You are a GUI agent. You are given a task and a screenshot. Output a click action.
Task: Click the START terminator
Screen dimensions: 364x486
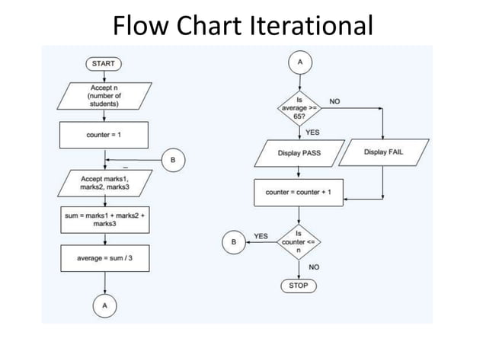pyautogui.click(x=104, y=64)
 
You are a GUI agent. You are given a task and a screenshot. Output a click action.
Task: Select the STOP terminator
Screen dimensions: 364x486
pyautogui.click(x=299, y=286)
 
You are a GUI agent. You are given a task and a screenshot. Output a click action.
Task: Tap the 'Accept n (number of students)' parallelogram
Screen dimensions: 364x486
pyautogui.click(x=104, y=98)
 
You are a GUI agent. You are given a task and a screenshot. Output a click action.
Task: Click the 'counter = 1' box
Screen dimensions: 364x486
pyautogui.click(x=104, y=134)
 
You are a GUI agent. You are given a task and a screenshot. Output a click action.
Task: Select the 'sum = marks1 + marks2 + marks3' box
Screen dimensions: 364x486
pyautogui.click(x=104, y=220)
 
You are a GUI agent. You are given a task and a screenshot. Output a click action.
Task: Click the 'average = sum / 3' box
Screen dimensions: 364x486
pyautogui.click(x=104, y=258)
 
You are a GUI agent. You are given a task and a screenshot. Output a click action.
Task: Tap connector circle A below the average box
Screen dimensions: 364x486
pyautogui.click(x=104, y=305)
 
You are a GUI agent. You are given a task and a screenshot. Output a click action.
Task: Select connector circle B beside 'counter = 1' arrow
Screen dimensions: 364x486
pyautogui.click(x=173, y=161)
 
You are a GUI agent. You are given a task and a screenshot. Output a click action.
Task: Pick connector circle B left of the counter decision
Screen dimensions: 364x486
pyautogui.click(x=233, y=241)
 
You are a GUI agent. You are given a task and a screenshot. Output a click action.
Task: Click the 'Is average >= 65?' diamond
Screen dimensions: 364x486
pyautogui.click(x=299, y=108)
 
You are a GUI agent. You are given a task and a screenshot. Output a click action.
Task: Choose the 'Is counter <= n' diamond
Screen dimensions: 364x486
pyautogui.click(x=299, y=241)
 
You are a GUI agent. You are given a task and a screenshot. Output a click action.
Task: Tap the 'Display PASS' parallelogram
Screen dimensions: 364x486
pyautogui.click(x=299, y=152)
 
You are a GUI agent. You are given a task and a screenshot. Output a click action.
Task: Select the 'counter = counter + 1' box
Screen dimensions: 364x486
pyautogui.click(x=299, y=193)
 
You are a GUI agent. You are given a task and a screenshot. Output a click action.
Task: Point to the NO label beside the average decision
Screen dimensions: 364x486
pyautogui.click(x=335, y=101)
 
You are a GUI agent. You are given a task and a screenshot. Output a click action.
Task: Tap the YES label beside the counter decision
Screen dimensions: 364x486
pyautogui.click(x=261, y=236)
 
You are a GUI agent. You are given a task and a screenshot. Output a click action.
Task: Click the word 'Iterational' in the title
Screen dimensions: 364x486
pyautogui.click(x=311, y=26)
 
